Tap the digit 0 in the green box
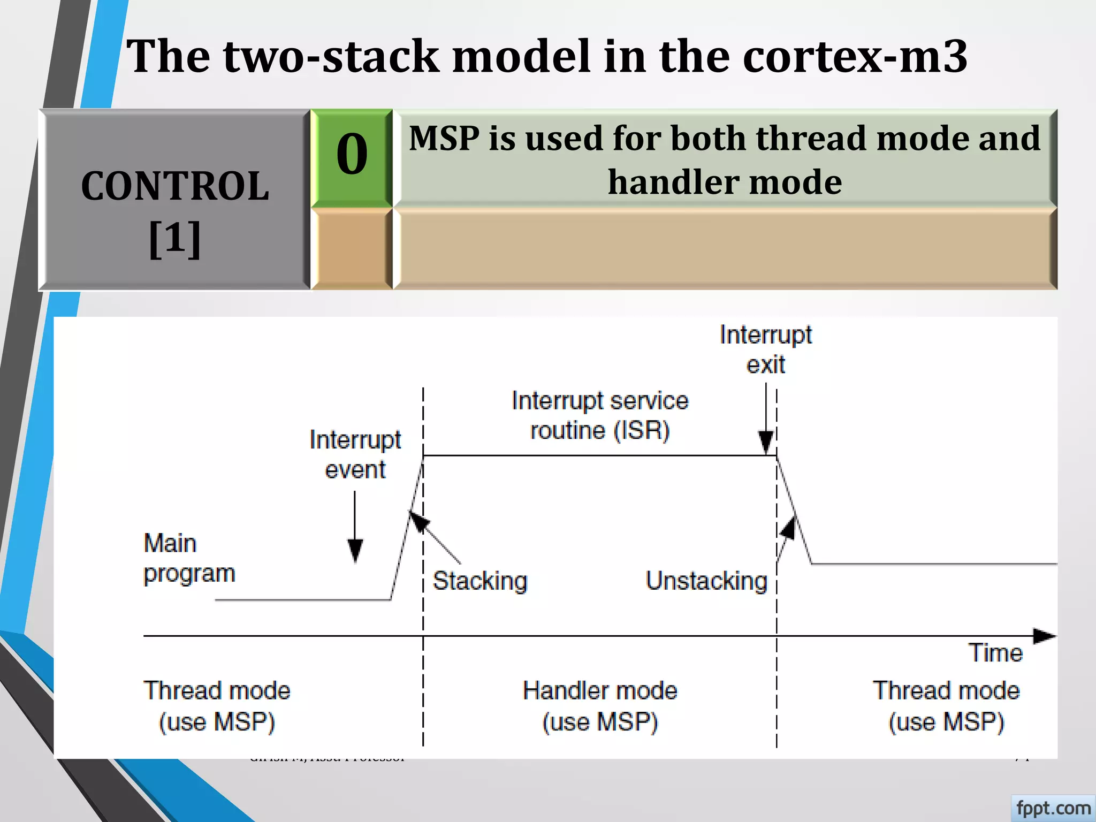click(352, 155)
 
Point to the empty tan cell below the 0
click(352, 249)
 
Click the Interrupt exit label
click(765, 349)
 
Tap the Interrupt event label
click(355, 454)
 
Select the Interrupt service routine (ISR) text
click(599, 415)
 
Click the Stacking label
click(480, 581)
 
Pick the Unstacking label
click(706, 581)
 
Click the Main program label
click(188, 558)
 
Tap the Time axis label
click(995, 653)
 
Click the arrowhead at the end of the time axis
click(1044, 636)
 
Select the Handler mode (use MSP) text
click(599, 706)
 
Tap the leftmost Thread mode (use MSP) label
click(217, 706)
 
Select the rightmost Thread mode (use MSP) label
click(946, 706)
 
